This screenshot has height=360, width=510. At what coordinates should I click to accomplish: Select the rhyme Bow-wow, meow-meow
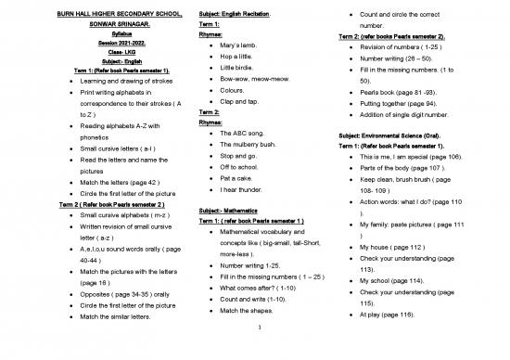[x=254, y=79]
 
